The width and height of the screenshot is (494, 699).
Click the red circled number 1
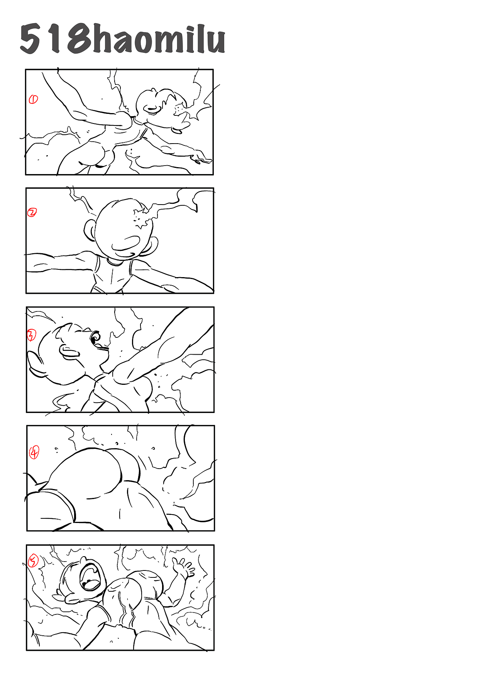(x=33, y=99)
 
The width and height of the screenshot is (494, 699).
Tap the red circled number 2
(x=32, y=212)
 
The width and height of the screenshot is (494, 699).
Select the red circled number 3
(x=31, y=335)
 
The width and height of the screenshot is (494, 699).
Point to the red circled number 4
(x=34, y=452)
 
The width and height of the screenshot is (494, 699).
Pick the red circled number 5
(x=33, y=561)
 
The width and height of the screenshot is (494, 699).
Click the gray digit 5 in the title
(x=30, y=39)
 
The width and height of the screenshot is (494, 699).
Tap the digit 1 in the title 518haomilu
(x=55, y=39)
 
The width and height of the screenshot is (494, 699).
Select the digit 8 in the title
(x=79, y=39)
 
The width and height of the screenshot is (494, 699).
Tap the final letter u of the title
(x=215, y=42)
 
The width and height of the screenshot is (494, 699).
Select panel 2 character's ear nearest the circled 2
(x=90, y=230)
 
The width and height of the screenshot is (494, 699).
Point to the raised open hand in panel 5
(x=183, y=567)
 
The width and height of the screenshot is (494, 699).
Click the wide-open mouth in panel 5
(x=91, y=577)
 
